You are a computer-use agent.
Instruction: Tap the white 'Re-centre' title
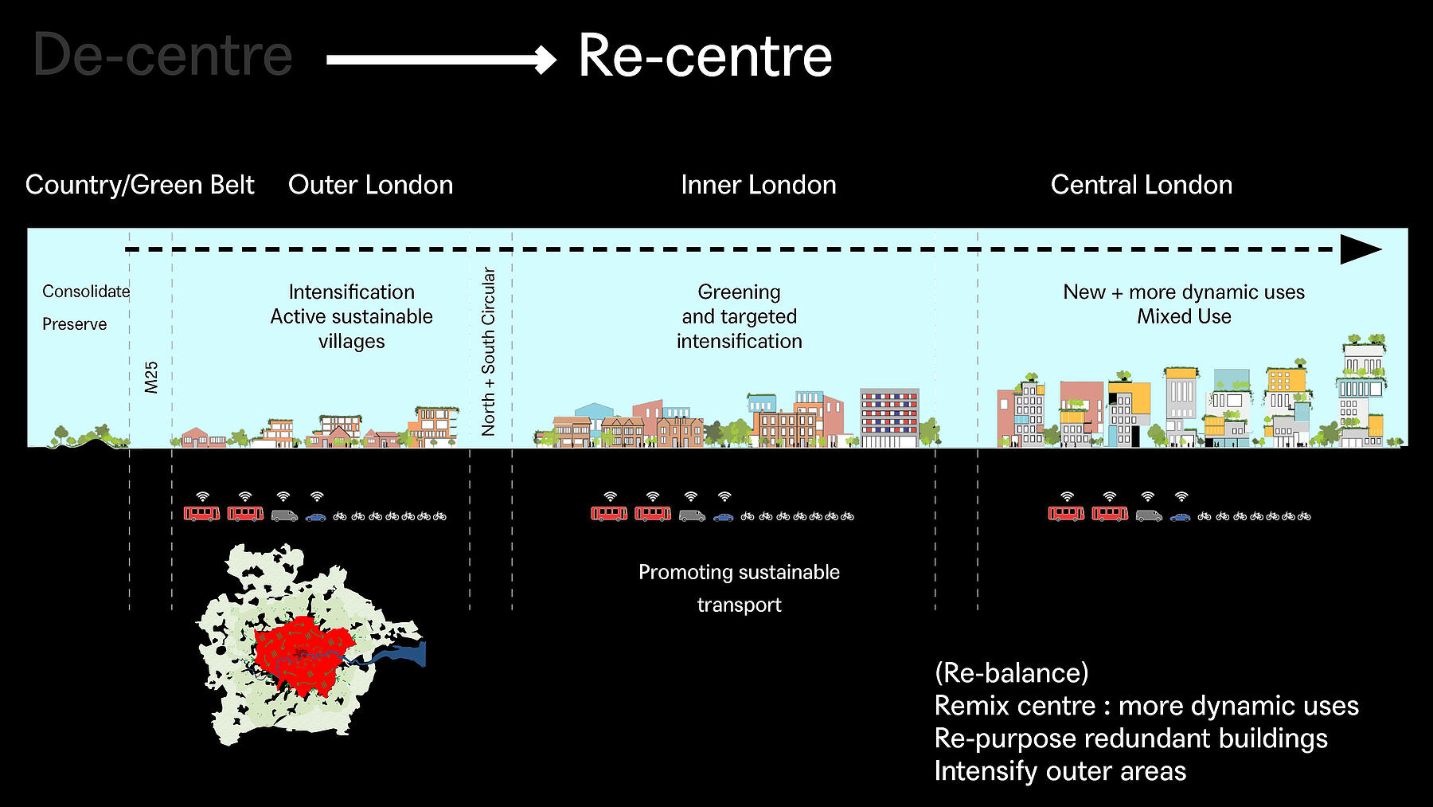pyautogui.click(x=705, y=56)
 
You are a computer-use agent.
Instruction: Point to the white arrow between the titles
pyautogui.click(x=442, y=60)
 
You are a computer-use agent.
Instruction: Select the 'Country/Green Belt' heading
pyautogui.click(x=139, y=185)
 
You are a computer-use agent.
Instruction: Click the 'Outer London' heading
pyautogui.click(x=371, y=185)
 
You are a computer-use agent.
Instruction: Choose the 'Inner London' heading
pyautogui.click(x=759, y=185)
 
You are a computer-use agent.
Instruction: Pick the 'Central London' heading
pyautogui.click(x=1142, y=185)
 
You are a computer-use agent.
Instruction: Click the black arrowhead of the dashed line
pyautogui.click(x=1361, y=249)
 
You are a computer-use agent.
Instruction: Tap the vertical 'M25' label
pyautogui.click(x=151, y=377)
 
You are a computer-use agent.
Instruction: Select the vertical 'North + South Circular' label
pyautogui.click(x=488, y=351)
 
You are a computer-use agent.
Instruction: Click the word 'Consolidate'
pyautogui.click(x=86, y=292)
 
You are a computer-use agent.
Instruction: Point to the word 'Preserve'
pyautogui.click(x=74, y=324)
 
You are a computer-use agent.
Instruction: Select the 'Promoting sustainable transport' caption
pyautogui.click(x=739, y=588)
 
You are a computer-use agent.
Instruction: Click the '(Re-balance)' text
pyautogui.click(x=1011, y=673)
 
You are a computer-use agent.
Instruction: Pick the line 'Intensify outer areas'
pyautogui.click(x=1060, y=771)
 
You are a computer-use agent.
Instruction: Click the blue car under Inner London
pyautogui.click(x=723, y=517)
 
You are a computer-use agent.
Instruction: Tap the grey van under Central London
pyautogui.click(x=1149, y=515)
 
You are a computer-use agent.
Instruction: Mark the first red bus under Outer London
pyautogui.click(x=202, y=514)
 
